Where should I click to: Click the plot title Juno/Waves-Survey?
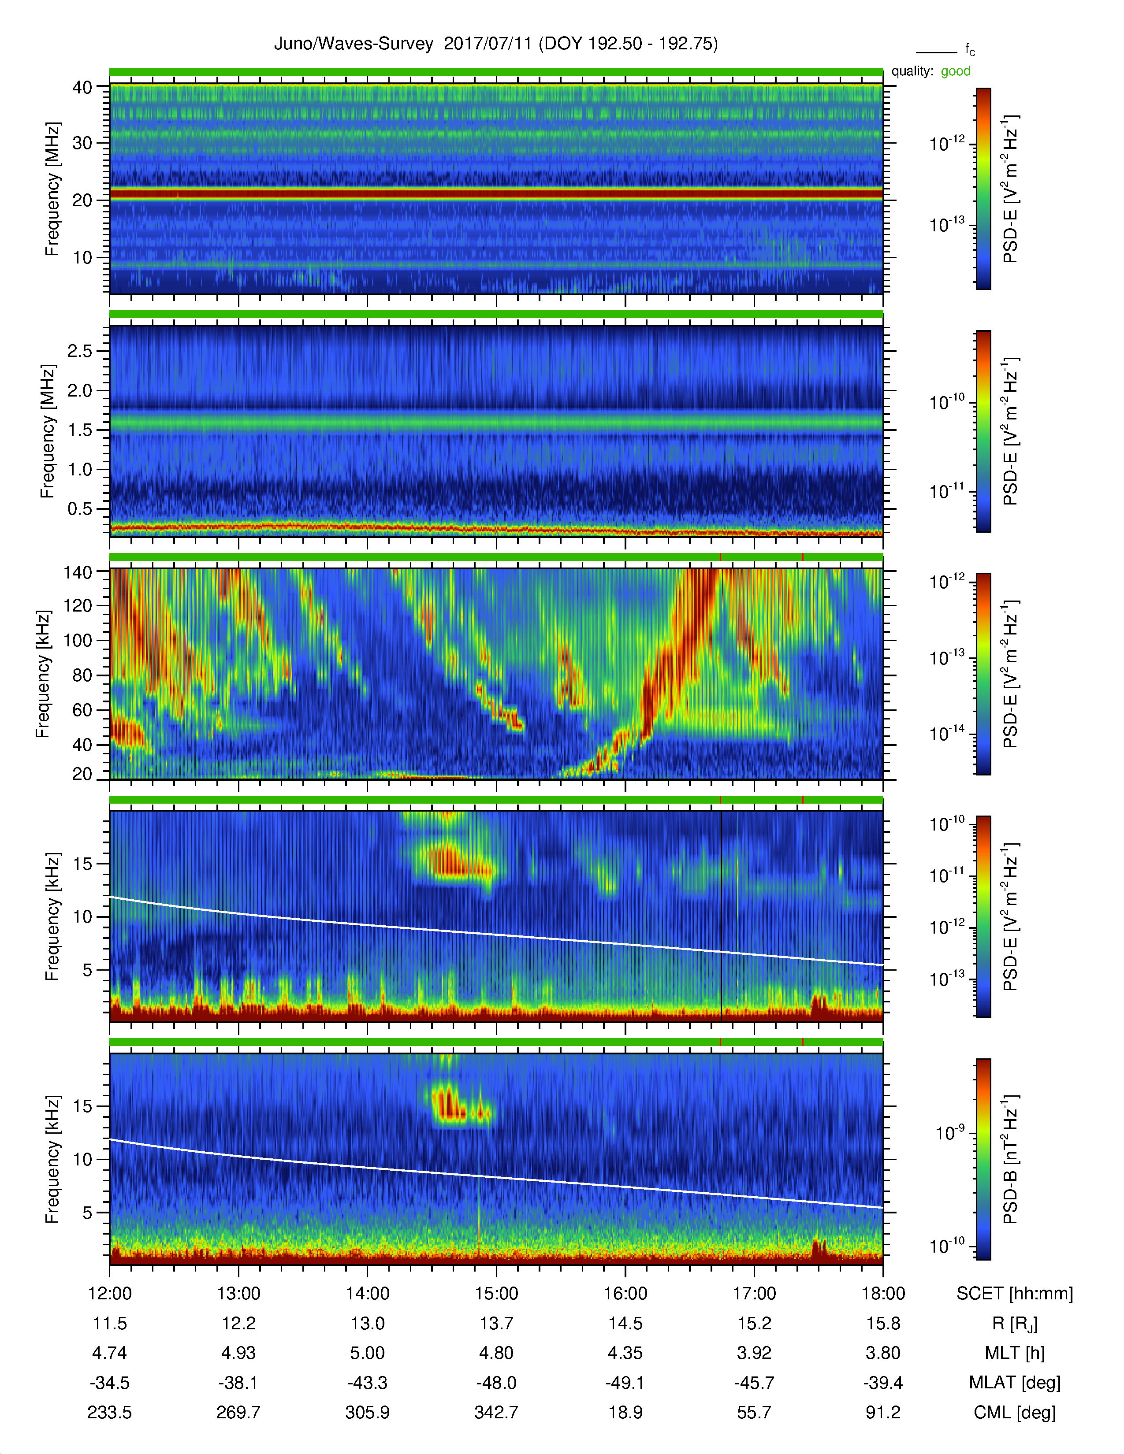click(x=354, y=44)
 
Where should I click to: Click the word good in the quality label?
click(x=956, y=71)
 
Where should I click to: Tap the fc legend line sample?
click(x=936, y=52)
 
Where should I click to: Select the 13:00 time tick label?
click(x=238, y=1294)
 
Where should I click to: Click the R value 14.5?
click(x=625, y=1324)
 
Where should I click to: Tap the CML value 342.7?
click(x=496, y=1413)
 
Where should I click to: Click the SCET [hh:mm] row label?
click(x=1015, y=1294)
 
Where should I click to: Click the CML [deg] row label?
click(x=1015, y=1413)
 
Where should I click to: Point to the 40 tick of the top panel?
click(x=82, y=87)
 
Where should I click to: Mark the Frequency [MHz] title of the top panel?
click(x=52, y=189)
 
